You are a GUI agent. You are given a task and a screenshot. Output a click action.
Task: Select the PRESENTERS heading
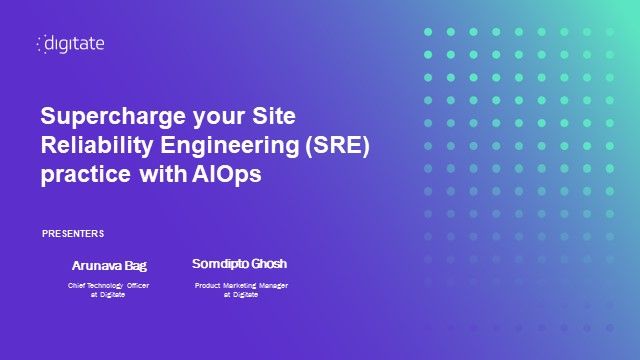tap(73, 233)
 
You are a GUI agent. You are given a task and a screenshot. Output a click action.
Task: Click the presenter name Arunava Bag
tap(109, 266)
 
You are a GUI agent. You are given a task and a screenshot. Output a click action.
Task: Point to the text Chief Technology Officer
tap(109, 286)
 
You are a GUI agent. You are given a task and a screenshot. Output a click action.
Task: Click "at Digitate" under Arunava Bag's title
tap(108, 295)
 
